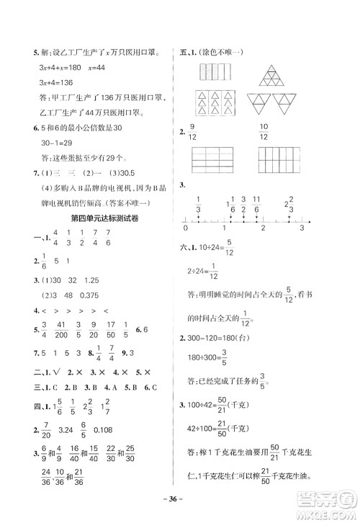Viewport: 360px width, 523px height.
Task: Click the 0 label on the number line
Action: [x=186, y=228]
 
